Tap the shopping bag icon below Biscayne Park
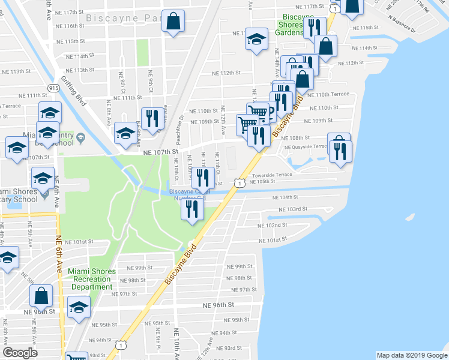[173, 22]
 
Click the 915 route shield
[54, 88]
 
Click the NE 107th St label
[161, 152]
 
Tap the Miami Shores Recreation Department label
[91, 279]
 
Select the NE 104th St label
[285, 197]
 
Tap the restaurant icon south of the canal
[192, 209]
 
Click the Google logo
[20, 353]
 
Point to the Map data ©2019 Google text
[411, 355]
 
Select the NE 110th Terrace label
[328, 95]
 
